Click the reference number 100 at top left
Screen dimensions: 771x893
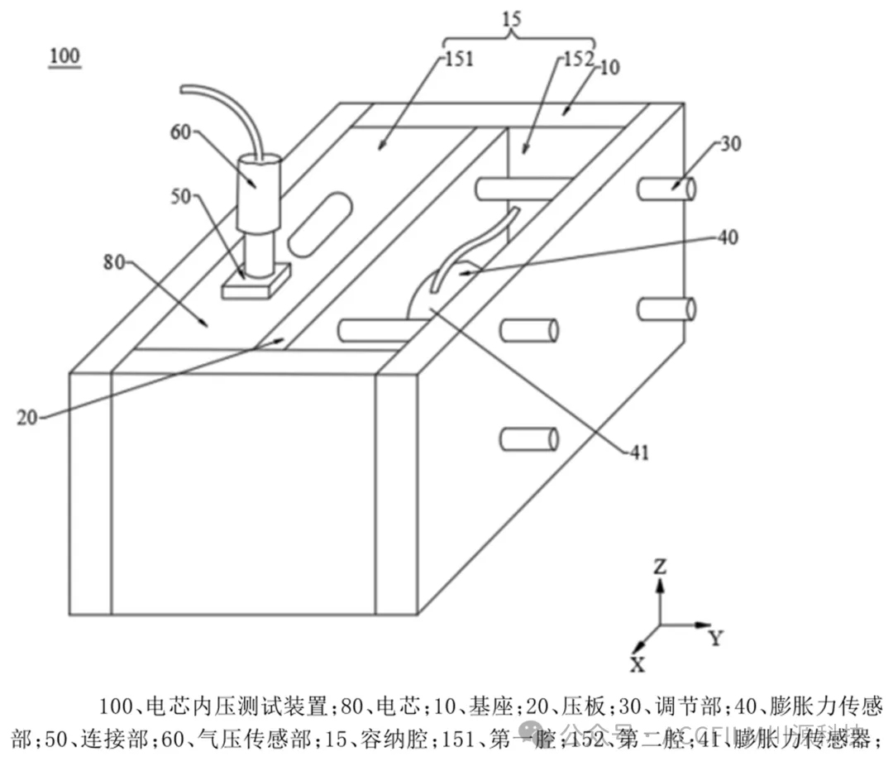tap(64, 56)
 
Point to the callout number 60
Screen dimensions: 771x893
tap(183, 131)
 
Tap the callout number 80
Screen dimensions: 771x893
tap(113, 263)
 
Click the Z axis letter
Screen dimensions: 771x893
tap(660, 567)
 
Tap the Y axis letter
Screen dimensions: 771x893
tap(716, 638)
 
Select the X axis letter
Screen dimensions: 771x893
tap(638, 664)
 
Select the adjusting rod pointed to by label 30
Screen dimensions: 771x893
tap(665, 188)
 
